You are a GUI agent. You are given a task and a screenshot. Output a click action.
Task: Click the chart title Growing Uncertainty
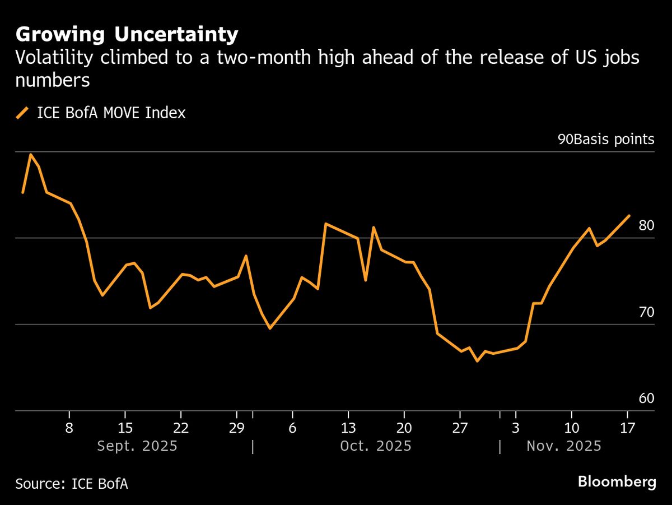[127, 35]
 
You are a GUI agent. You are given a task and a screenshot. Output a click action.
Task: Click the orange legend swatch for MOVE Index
[23, 113]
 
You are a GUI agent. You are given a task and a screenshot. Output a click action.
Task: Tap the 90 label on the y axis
[564, 140]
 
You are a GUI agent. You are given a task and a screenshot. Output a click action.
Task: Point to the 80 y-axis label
[646, 226]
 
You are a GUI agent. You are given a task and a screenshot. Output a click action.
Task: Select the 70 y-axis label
[646, 312]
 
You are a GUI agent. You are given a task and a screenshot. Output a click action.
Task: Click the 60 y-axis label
[646, 399]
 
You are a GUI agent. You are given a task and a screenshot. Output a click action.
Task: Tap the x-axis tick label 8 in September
[69, 428]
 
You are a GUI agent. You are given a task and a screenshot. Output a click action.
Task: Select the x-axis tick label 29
[237, 428]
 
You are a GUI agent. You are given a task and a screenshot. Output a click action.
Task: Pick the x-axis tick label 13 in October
[348, 428]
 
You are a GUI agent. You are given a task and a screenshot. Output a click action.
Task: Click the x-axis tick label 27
[460, 428]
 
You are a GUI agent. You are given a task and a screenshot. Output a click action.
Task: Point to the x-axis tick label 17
[627, 428]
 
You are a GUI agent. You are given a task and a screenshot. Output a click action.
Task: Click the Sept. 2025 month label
[137, 446]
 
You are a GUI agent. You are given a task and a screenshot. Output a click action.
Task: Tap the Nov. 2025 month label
[563, 446]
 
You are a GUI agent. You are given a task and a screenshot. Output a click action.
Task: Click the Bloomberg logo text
[617, 482]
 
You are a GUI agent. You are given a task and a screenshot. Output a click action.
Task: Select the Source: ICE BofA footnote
[72, 483]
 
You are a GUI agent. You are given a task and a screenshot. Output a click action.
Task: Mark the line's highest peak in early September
[30, 154]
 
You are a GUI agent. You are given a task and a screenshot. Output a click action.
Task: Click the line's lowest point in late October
[477, 361]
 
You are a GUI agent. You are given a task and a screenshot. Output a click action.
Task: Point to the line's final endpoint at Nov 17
[629, 215]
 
